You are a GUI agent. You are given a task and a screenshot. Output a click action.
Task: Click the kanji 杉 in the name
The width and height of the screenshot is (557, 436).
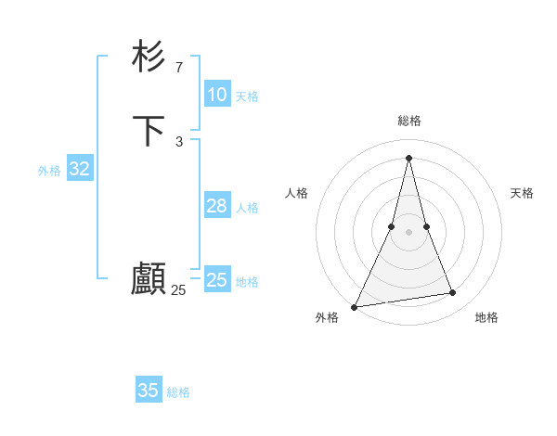coord(149,57)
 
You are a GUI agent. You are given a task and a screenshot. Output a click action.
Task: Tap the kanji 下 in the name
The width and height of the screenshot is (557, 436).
coord(149,131)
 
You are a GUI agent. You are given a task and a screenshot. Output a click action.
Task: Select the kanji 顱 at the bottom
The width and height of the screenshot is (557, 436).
coord(149,279)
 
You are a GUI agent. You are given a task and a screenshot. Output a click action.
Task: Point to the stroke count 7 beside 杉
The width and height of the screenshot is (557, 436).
coord(179,67)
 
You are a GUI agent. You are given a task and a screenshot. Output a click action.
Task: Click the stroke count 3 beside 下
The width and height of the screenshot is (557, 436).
coord(179,141)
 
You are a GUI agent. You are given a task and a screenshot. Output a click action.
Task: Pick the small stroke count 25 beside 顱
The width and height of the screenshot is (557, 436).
coord(178,290)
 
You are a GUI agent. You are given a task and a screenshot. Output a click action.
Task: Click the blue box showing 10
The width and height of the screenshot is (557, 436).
coord(217,95)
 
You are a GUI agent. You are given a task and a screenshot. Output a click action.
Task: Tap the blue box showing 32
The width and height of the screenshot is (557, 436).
coord(79,169)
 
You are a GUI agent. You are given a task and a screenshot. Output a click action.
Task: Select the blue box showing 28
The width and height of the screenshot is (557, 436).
coord(217,206)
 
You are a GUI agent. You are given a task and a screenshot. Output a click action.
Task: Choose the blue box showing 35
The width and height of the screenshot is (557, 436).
coord(149,391)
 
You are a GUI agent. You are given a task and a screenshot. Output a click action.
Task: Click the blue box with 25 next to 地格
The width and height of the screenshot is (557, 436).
coord(217,280)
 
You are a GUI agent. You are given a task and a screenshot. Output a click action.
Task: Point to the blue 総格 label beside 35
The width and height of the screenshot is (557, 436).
coord(178,392)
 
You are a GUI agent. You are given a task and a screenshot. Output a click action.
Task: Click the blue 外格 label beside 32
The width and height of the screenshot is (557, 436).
coord(49,171)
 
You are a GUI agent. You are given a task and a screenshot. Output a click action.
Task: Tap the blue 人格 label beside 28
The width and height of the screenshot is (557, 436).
coord(247,208)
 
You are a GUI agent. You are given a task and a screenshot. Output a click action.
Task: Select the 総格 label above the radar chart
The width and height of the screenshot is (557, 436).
coord(409,121)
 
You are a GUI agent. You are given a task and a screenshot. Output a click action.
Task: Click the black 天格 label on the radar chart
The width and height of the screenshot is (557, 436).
coord(522,193)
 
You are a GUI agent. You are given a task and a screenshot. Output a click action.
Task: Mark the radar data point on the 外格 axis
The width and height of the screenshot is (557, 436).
coord(355,307)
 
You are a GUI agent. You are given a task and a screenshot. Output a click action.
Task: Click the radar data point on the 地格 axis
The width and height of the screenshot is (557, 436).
coord(453,293)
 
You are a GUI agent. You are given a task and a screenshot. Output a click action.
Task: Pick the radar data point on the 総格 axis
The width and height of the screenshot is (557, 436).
coord(409,157)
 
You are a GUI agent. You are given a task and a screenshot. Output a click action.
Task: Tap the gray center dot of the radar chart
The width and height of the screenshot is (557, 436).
coord(409,232)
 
